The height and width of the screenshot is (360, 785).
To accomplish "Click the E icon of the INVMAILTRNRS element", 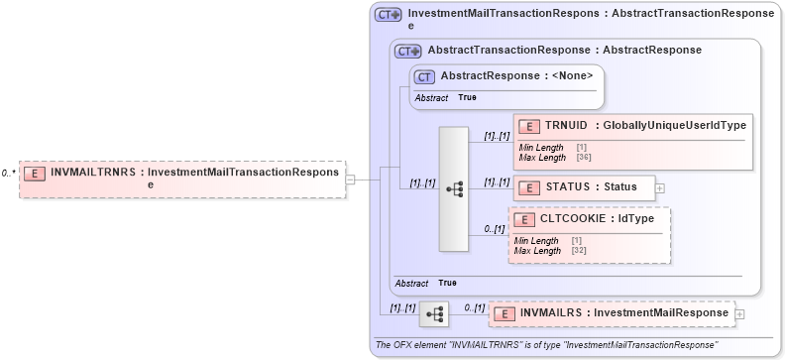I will [35, 173].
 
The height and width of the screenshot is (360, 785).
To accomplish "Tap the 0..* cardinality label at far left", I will [8, 173].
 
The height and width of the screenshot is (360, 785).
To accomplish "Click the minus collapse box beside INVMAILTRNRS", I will [351, 180].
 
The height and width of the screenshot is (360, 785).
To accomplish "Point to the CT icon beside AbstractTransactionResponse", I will [407, 51].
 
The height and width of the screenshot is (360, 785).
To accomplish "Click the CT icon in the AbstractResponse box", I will [424, 76].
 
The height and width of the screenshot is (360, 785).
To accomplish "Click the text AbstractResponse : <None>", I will [516, 75].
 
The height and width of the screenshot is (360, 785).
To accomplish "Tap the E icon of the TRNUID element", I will [529, 126].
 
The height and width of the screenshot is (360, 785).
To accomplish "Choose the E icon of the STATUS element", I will [529, 186].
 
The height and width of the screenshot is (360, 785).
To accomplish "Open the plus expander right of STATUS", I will [660, 187].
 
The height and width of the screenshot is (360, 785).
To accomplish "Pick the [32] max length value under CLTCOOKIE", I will [577, 251].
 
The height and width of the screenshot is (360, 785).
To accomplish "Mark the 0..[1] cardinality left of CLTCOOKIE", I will [494, 229].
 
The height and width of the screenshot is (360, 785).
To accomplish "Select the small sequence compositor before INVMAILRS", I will [434, 313].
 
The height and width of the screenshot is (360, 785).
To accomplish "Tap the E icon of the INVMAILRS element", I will [505, 314].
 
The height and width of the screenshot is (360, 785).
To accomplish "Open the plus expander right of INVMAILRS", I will [739, 314].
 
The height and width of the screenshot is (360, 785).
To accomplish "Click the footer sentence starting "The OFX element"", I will [545, 345].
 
